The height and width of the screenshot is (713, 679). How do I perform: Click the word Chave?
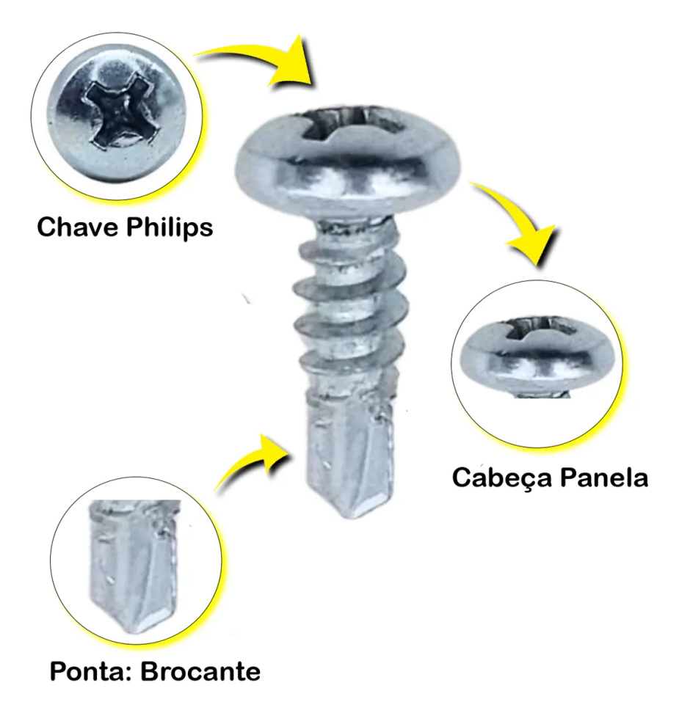click(x=78, y=227)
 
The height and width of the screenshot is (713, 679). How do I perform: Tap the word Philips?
click(x=170, y=228)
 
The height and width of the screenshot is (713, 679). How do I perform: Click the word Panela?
click(x=604, y=478)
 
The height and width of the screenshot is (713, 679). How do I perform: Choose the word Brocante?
click(x=200, y=672)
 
